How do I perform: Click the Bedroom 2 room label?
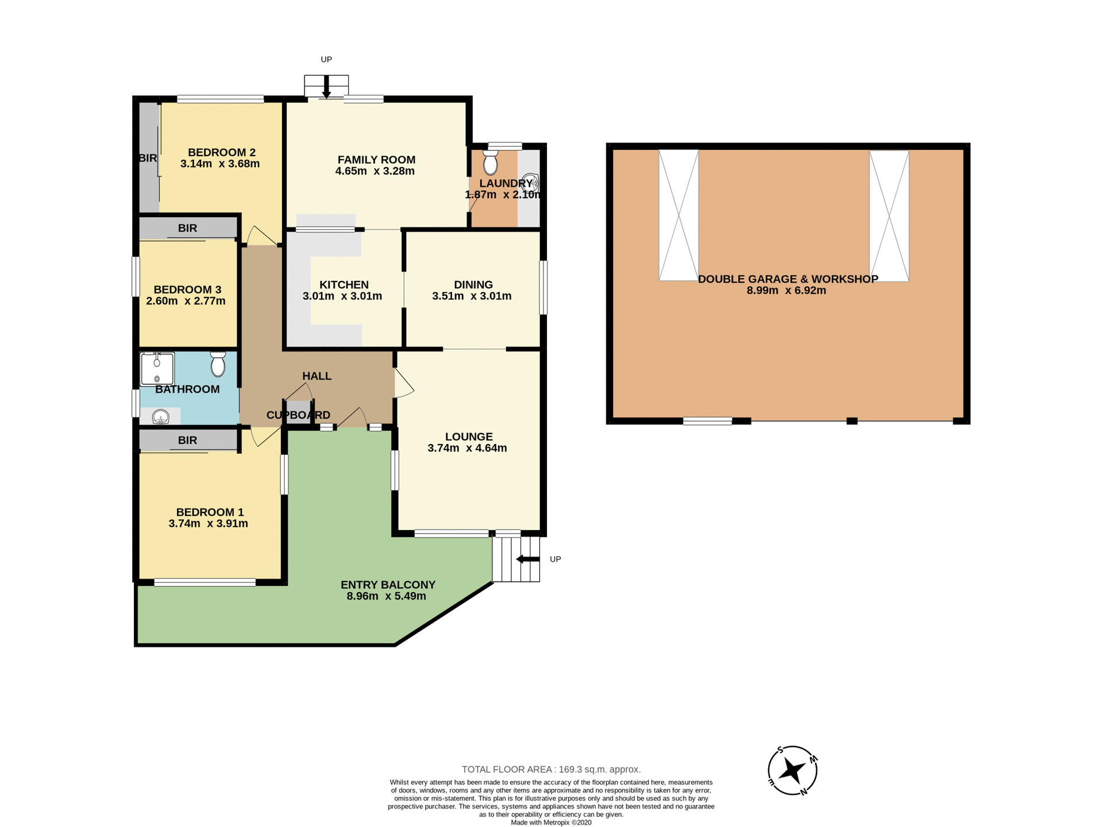point(221,152)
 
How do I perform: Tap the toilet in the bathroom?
point(218,364)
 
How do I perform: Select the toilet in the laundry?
point(490,163)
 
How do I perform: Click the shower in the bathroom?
point(157,369)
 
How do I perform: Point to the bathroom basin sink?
point(160,416)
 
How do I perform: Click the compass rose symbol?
point(792,771)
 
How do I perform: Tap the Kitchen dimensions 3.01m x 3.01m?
point(342,296)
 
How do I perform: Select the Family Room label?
point(376,160)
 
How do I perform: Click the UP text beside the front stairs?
point(555,559)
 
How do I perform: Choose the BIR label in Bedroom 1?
point(187,440)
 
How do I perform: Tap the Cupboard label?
point(298,415)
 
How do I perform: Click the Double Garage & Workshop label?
point(788,279)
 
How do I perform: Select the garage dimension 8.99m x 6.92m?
point(786,291)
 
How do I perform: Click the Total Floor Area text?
point(551,769)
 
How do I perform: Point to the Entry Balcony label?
point(388,585)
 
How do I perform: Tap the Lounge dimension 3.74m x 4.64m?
point(467,448)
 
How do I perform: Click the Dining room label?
point(473,285)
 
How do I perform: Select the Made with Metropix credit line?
point(551,822)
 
